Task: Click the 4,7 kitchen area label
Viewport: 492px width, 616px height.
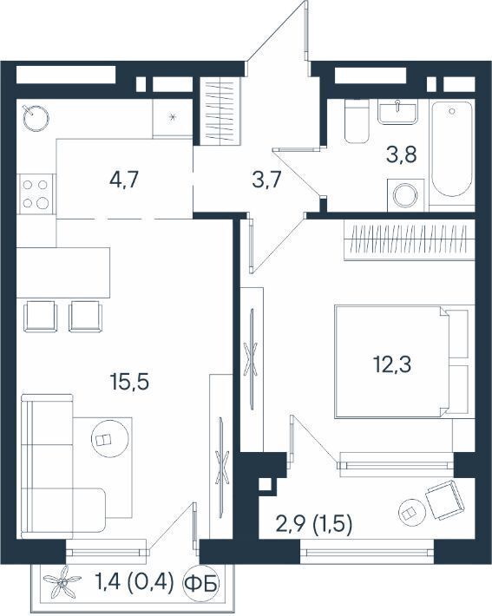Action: coord(124,180)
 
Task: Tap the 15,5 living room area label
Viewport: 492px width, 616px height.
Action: coord(129,382)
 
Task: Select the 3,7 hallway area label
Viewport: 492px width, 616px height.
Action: coord(266,180)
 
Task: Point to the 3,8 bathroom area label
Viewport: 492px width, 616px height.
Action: coord(401,154)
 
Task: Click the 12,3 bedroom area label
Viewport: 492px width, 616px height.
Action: coord(392,364)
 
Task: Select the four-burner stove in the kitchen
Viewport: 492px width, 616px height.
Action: coord(36,194)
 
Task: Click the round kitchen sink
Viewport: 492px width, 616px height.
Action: coord(36,116)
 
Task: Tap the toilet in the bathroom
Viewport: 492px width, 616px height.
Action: coord(357,121)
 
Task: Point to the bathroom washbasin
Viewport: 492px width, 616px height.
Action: coord(397,112)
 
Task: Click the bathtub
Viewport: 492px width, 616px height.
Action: coord(452,149)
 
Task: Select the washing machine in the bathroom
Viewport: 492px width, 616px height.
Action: coord(406,195)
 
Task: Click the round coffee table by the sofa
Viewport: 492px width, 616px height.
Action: coord(109,438)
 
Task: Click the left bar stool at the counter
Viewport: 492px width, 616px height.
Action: coord(41,317)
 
